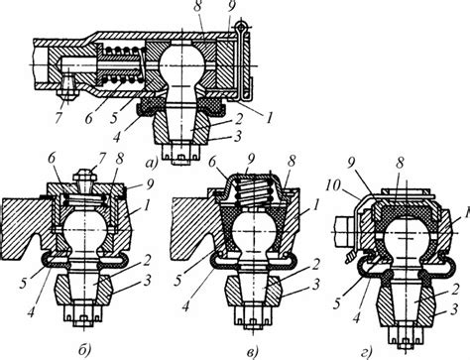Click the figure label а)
(151, 163)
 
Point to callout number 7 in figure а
(59, 118)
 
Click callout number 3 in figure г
(454, 309)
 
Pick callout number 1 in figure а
(270, 118)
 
